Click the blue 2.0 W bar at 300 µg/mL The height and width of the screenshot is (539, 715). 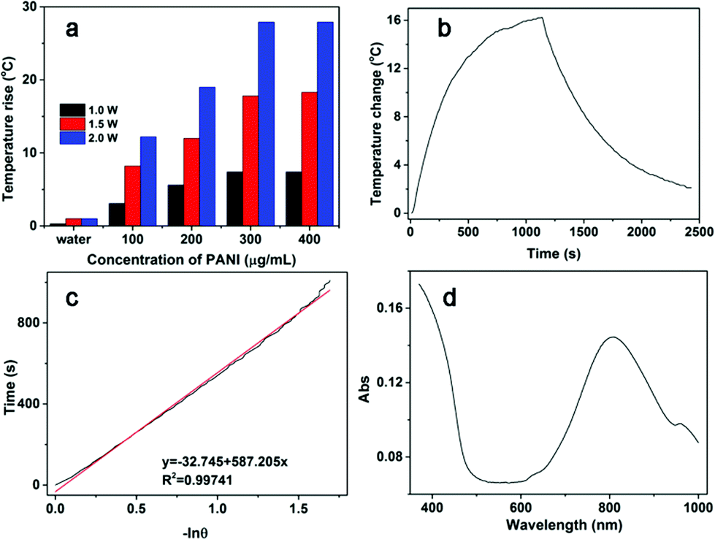pos(266,124)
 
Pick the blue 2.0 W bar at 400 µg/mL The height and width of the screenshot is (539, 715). pos(325,124)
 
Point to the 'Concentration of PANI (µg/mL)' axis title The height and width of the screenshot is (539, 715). pos(175,258)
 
